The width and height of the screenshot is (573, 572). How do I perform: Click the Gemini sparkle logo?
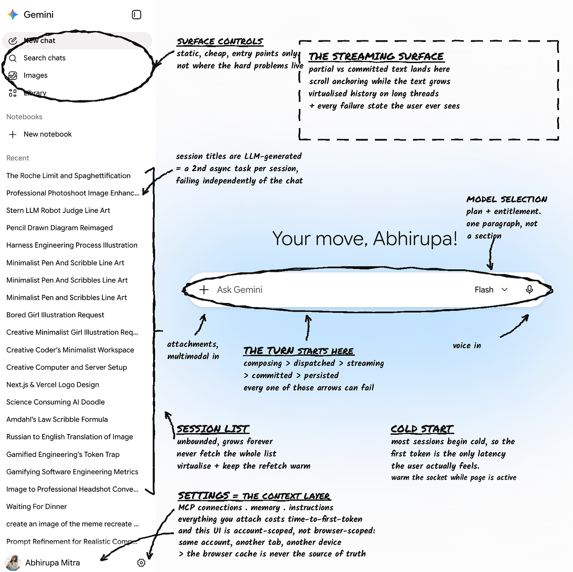[13, 15]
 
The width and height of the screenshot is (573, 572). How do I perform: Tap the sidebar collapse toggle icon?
[136, 15]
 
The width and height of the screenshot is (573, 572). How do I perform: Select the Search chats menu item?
[44, 58]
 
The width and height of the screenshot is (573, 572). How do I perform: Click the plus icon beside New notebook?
[13, 135]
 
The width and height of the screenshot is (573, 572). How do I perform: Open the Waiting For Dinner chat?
[36, 506]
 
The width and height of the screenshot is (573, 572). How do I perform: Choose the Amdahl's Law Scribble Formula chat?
[57, 419]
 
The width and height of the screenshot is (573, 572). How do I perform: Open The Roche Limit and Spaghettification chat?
[68, 176]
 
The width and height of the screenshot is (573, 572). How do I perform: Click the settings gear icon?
[141, 563]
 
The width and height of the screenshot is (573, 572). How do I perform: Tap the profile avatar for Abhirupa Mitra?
[13, 563]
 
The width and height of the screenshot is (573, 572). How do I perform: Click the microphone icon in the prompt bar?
[529, 289]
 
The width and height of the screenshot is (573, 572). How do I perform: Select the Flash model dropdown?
[491, 289]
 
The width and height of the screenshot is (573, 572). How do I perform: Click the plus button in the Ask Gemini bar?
[204, 289]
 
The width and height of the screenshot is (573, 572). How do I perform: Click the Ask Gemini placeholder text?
[240, 289]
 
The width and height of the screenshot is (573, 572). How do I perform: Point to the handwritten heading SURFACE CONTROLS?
[220, 41]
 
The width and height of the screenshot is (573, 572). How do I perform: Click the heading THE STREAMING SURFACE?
[376, 57]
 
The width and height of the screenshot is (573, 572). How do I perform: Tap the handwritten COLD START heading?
[422, 429]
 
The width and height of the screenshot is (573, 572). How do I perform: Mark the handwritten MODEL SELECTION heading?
[507, 199]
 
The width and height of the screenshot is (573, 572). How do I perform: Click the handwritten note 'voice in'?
[467, 346]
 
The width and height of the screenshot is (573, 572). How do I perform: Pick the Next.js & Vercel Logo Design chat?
[53, 384]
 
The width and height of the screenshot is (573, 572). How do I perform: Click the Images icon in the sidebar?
[13, 76]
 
